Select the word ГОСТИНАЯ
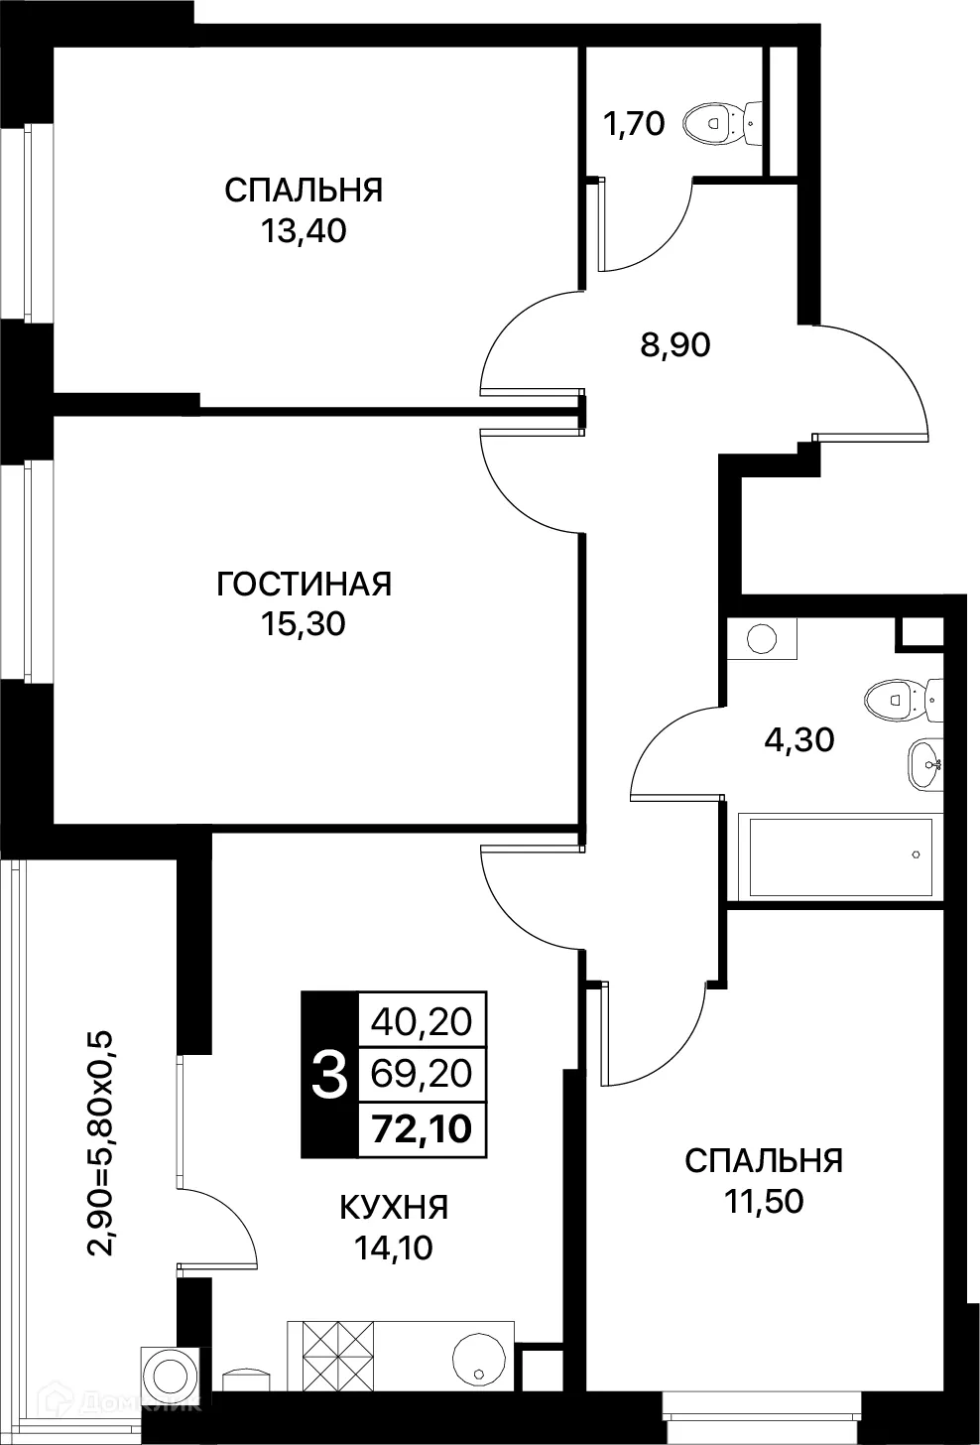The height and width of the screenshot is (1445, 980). (305, 584)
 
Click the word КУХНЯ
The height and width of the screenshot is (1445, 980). (394, 1208)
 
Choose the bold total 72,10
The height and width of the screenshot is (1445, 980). (422, 1128)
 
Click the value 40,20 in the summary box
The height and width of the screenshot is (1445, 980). (422, 1019)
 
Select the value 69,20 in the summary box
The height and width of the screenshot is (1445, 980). (422, 1073)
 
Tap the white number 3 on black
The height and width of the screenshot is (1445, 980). (329, 1075)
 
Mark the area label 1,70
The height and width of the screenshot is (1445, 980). (633, 126)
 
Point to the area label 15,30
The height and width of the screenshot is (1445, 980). (304, 623)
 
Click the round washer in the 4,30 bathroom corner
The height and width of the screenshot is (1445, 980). (761, 638)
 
